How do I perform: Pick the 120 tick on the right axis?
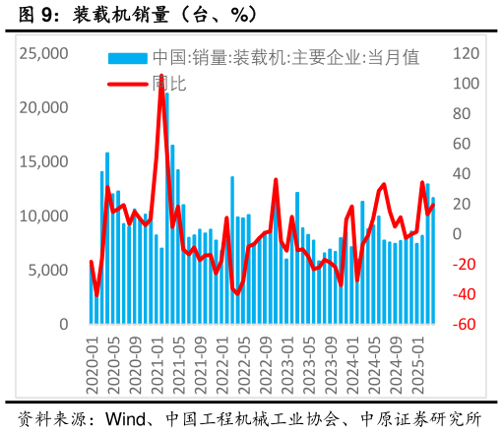pyautogui.click(x=467, y=53)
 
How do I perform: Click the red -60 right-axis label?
pyautogui.click(x=466, y=325)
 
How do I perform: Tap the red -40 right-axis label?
pyautogui.click(x=466, y=294)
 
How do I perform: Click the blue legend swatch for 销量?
pyautogui.click(x=127, y=58)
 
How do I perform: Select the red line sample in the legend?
pyautogui.click(x=127, y=84)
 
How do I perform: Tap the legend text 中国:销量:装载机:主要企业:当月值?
pyautogui.click(x=285, y=58)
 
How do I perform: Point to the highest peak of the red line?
pyautogui.click(x=161, y=76)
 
